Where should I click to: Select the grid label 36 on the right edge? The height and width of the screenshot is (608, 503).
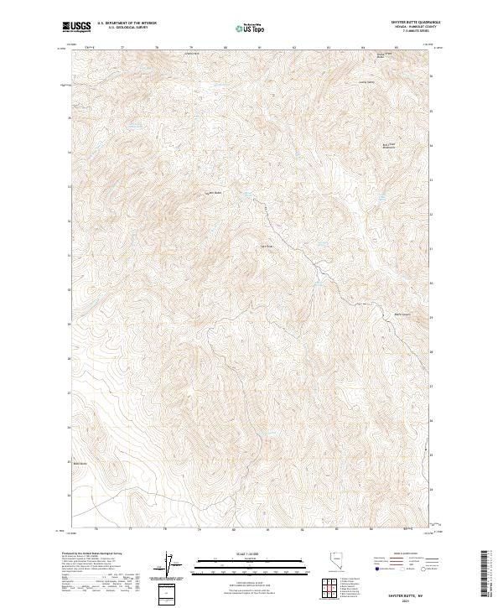[432, 77]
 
